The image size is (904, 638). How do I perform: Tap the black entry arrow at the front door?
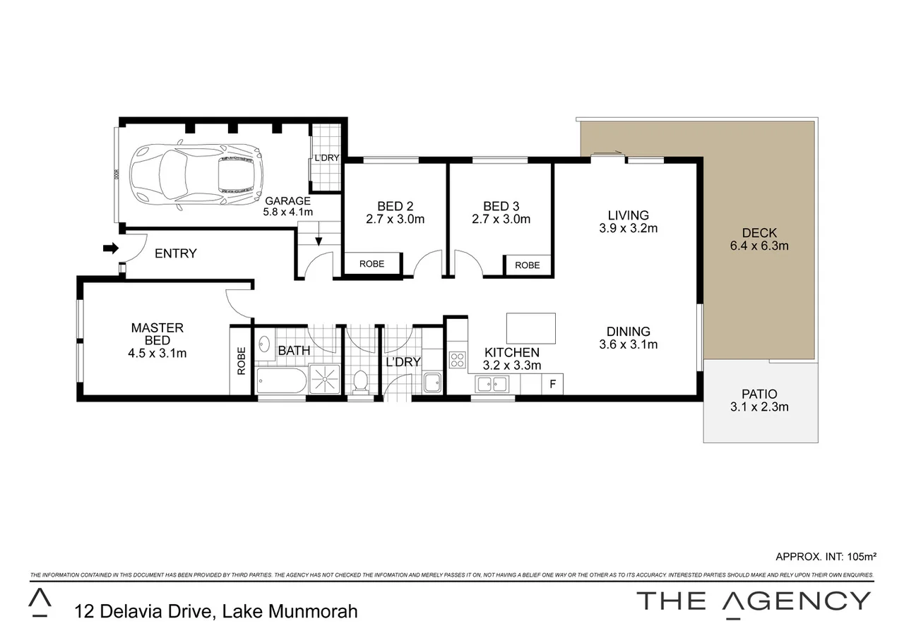pyautogui.click(x=111, y=248)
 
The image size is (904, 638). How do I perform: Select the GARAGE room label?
pyautogui.click(x=287, y=200)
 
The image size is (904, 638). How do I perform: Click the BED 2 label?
pyautogui.click(x=395, y=206)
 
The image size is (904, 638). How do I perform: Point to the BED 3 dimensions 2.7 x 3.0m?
pyautogui.click(x=501, y=219)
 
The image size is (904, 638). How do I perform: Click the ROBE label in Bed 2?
pyautogui.click(x=372, y=264)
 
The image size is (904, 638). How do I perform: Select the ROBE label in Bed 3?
pyautogui.click(x=527, y=265)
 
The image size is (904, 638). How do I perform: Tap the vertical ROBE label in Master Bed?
pyautogui.click(x=242, y=361)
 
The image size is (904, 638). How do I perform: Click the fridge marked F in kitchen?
pyautogui.click(x=552, y=385)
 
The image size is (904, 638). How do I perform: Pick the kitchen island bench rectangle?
pyautogui.click(x=531, y=328)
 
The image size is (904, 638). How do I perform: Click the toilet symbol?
pyautogui.click(x=360, y=382)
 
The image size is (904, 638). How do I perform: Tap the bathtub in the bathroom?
pyautogui.click(x=281, y=382)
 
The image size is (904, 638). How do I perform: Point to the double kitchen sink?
pyautogui.click(x=492, y=385)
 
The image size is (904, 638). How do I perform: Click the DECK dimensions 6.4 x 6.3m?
pyautogui.click(x=760, y=246)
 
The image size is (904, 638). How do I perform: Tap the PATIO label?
pyautogui.click(x=759, y=394)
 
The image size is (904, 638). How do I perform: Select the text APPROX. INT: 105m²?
pyautogui.click(x=826, y=556)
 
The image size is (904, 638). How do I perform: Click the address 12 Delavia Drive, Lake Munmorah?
pyautogui.click(x=215, y=610)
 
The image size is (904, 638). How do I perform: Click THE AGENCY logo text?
pyautogui.click(x=754, y=601)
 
